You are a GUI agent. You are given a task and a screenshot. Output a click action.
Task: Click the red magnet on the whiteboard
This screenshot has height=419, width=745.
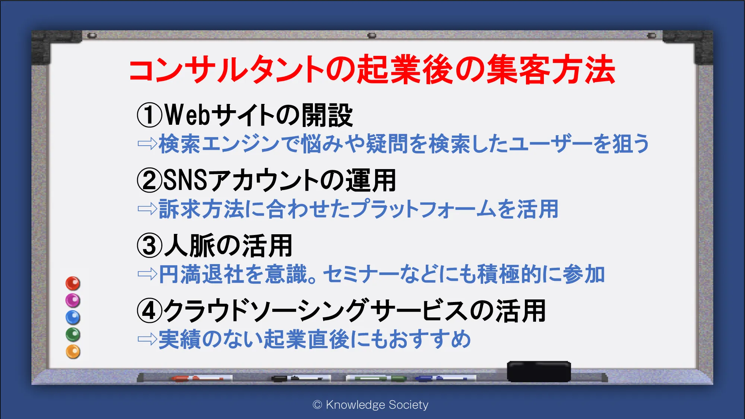[x=73, y=283]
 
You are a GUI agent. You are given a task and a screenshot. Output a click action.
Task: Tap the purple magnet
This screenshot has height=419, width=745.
[x=73, y=300]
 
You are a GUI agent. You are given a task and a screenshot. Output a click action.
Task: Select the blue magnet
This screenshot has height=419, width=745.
[x=73, y=317]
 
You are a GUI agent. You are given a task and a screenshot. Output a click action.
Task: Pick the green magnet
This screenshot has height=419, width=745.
[x=73, y=334]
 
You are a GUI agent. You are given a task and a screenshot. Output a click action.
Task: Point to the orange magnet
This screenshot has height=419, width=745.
[x=73, y=352]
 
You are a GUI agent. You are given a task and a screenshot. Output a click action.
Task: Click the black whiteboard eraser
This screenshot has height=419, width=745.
[x=539, y=371]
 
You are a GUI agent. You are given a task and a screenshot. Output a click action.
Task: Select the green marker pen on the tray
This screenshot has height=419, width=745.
[x=376, y=378]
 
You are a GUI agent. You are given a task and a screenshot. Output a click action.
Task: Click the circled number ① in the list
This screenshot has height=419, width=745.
[x=150, y=115]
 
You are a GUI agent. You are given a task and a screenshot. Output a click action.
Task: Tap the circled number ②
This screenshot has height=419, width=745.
[x=150, y=180]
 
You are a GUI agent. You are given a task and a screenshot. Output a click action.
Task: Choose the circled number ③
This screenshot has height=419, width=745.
[x=150, y=246]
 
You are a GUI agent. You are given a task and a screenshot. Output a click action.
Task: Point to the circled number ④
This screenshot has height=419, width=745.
[x=150, y=311]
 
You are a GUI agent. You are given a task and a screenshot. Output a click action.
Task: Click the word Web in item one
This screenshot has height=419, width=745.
[x=188, y=115]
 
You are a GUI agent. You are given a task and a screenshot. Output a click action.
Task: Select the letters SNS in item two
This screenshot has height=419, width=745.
[x=185, y=180]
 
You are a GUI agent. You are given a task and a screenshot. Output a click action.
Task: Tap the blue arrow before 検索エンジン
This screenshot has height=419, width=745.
[x=147, y=143]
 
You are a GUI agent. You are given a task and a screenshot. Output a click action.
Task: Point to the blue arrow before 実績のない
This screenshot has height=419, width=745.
[x=147, y=339]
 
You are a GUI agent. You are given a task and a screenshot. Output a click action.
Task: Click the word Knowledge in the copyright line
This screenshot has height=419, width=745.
[x=355, y=405]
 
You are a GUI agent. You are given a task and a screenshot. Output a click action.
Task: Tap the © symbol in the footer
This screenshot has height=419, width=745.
[x=317, y=405]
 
